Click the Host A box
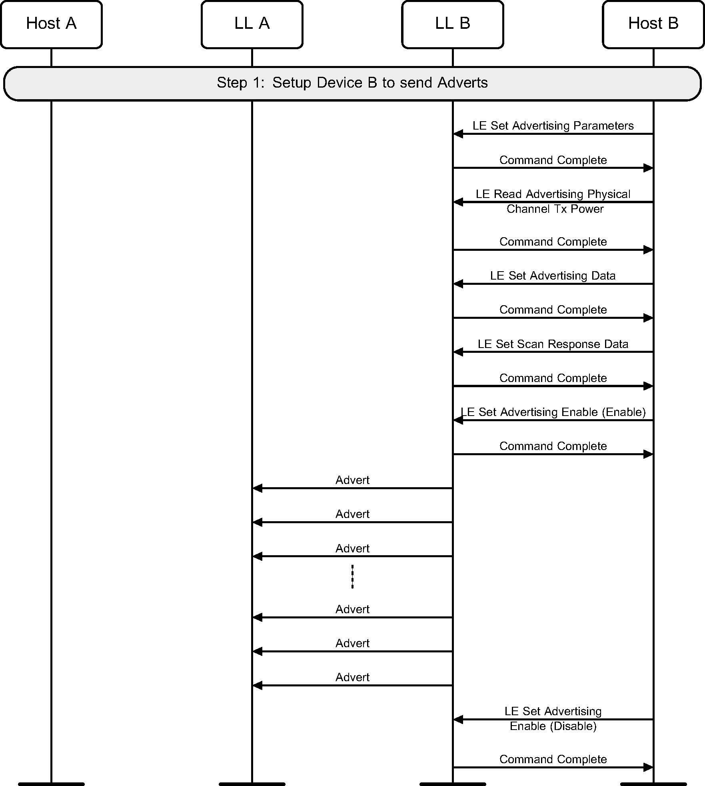point(51,24)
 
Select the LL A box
point(252,24)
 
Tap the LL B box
point(453,24)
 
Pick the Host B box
point(653,24)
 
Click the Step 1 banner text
point(352,83)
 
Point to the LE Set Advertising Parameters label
point(553,126)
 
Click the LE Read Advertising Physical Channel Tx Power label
point(554,201)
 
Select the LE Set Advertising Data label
point(553,276)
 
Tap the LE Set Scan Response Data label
point(553,344)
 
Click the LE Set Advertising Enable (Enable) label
point(553,412)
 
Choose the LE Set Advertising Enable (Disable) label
point(553,718)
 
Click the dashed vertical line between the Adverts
point(352,576)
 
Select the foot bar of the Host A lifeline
point(51,784)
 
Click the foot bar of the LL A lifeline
point(252,784)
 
